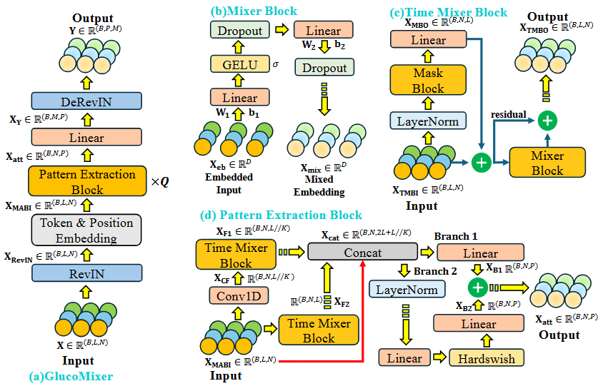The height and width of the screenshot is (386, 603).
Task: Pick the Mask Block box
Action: pos(428,81)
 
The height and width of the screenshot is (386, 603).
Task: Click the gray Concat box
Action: pos(362,252)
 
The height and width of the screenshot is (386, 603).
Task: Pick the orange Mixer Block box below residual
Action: pos(547,163)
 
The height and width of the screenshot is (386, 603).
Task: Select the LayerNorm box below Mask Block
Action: pos(428,121)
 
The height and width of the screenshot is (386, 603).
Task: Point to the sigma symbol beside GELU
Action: pos(276,64)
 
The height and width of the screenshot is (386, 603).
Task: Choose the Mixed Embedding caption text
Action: pos(319,185)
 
